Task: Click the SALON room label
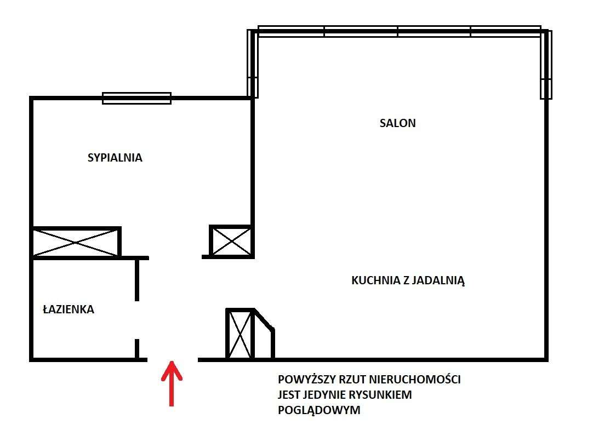pyautogui.click(x=397, y=123)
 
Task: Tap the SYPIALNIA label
pyautogui.click(x=115, y=158)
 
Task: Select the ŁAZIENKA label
pyautogui.click(x=69, y=309)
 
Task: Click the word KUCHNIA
pyautogui.click(x=375, y=281)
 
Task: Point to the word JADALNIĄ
pyautogui.click(x=438, y=281)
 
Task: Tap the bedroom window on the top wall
pyautogui.click(x=137, y=98)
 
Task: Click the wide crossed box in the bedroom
pyautogui.click(x=76, y=242)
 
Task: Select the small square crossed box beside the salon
pyautogui.click(x=231, y=241)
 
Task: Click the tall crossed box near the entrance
pyautogui.click(x=240, y=334)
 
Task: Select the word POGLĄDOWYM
pyautogui.click(x=320, y=410)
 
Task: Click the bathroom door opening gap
pyautogui.click(x=137, y=320)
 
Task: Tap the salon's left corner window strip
pyautogui.click(x=253, y=63)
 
